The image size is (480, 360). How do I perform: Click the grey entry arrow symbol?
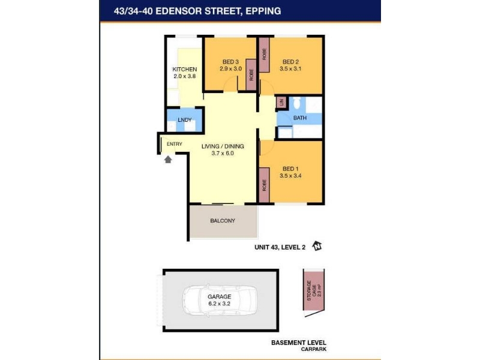168,159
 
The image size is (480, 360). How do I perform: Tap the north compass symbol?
317,246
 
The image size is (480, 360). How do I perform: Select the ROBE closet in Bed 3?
251,74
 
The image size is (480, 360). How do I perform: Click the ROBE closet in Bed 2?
264,55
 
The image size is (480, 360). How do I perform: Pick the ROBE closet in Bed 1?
264,185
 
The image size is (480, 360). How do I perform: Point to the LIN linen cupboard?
281,103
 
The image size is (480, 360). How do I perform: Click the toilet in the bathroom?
296,103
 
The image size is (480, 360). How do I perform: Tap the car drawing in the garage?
220,301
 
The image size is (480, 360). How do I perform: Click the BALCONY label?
223,221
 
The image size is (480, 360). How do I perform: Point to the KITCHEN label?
185,69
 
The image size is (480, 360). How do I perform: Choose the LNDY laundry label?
185,120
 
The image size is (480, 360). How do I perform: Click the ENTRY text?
175,144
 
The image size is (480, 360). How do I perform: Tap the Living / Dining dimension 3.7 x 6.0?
223,154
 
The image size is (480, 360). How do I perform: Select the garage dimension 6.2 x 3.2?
219,304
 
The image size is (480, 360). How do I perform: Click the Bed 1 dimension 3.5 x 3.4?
290,176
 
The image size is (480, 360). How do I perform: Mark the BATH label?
300,118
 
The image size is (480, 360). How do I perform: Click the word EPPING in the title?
263,11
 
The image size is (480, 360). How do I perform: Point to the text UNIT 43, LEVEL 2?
280,247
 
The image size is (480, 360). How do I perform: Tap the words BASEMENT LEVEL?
299,343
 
